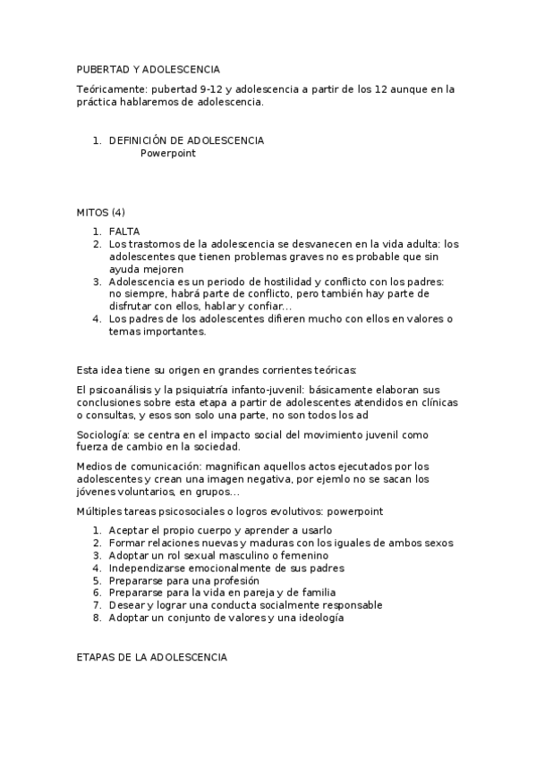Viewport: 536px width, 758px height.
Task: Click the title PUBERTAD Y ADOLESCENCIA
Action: pyautogui.click(x=148, y=69)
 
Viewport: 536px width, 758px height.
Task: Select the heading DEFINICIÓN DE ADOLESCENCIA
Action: pyautogui.click(x=186, y=141)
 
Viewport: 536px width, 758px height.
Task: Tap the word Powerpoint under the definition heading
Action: pyautogui.click(x=167, y=153)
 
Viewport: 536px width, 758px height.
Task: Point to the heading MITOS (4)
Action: pyautogui.click(x=101, y=213)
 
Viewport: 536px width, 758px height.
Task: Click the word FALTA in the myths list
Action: pyautogui.click(x=123, y=232)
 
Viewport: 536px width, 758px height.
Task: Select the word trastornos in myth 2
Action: pyautogui.click(x=156, y=244)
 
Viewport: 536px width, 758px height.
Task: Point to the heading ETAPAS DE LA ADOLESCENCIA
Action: pyautogui.click(x=152, y=658)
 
